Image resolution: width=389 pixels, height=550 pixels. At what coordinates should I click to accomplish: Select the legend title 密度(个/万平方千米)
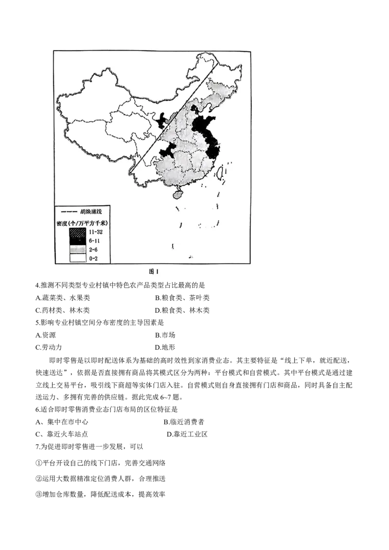(82, 223)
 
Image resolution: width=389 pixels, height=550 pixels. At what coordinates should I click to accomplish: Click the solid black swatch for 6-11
(78, 241)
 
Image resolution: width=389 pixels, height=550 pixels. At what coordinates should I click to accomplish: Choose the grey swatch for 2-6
(78, 250)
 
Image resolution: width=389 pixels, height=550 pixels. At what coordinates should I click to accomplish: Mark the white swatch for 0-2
(78, 258)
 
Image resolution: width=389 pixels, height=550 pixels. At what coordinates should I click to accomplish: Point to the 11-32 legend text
(96, 232)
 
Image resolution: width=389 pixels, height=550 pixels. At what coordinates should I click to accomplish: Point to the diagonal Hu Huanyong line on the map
(175, 117)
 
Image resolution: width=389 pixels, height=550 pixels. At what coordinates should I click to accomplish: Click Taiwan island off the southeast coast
(219, 172)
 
